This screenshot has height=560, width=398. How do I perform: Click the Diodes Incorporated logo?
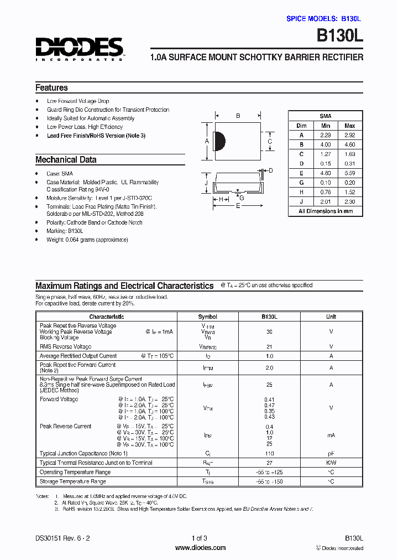point(79,48)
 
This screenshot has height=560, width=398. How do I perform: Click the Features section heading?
point(51,87)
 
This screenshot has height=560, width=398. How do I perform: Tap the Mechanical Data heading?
point(66,159)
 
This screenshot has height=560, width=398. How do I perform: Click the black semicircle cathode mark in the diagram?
point(219,141)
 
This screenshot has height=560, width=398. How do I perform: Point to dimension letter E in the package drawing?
point(238,206)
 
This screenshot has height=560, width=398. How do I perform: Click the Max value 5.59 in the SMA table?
point(349,173)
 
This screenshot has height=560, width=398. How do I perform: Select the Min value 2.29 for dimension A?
point(326,135)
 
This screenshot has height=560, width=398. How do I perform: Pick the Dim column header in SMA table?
point(301,126)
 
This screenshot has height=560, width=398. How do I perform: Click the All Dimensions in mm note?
point(326,211)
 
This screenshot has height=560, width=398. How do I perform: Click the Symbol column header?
point(207,317)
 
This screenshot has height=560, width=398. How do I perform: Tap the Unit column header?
point(331,317)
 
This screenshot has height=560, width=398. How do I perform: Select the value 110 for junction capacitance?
point(269,453)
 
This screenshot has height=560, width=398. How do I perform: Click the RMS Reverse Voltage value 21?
point(269,346)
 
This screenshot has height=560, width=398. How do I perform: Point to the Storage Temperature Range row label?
point(72,481)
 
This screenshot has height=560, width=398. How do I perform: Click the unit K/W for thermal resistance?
point(331,463)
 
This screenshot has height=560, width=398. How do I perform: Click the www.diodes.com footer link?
point(200,548)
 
